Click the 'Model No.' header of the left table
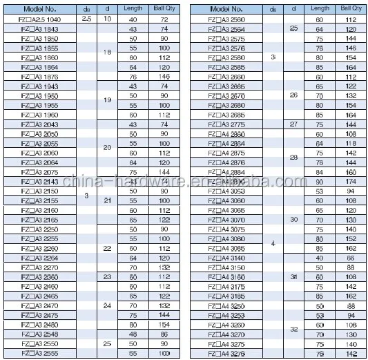(40, 9)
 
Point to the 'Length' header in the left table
(134, 9)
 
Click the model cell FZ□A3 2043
(40, 124)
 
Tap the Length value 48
(134, 333)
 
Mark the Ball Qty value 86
(164, 333)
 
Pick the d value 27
(294, 124)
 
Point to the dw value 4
(273, 243)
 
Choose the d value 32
(294, 329)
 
